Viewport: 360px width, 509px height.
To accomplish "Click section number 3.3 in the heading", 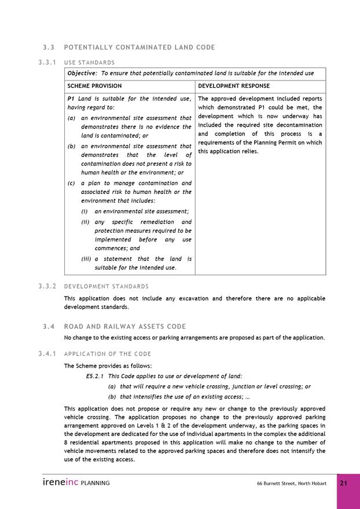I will [48, 47].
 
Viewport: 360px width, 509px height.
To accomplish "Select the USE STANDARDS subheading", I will [89, 63].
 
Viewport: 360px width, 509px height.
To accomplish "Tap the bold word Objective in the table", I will [82, 74].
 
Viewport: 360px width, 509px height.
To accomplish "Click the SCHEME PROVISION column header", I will [94, 86].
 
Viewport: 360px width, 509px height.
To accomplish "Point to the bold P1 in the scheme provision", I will [71, 98].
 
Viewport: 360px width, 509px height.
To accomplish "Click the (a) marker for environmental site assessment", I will [71, 118].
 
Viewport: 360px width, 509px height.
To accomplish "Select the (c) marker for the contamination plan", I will [71, 183].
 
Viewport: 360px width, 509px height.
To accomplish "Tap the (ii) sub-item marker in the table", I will [85, 222].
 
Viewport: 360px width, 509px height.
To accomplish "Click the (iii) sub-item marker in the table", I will [86, 259].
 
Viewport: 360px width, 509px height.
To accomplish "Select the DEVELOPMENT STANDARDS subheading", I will [106, 286].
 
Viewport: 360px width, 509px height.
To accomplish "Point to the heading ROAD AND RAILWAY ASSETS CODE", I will [125, 327].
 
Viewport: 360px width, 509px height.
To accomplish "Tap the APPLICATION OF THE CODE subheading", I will [107, 354].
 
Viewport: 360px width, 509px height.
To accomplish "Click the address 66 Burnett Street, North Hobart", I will [291, 484].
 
